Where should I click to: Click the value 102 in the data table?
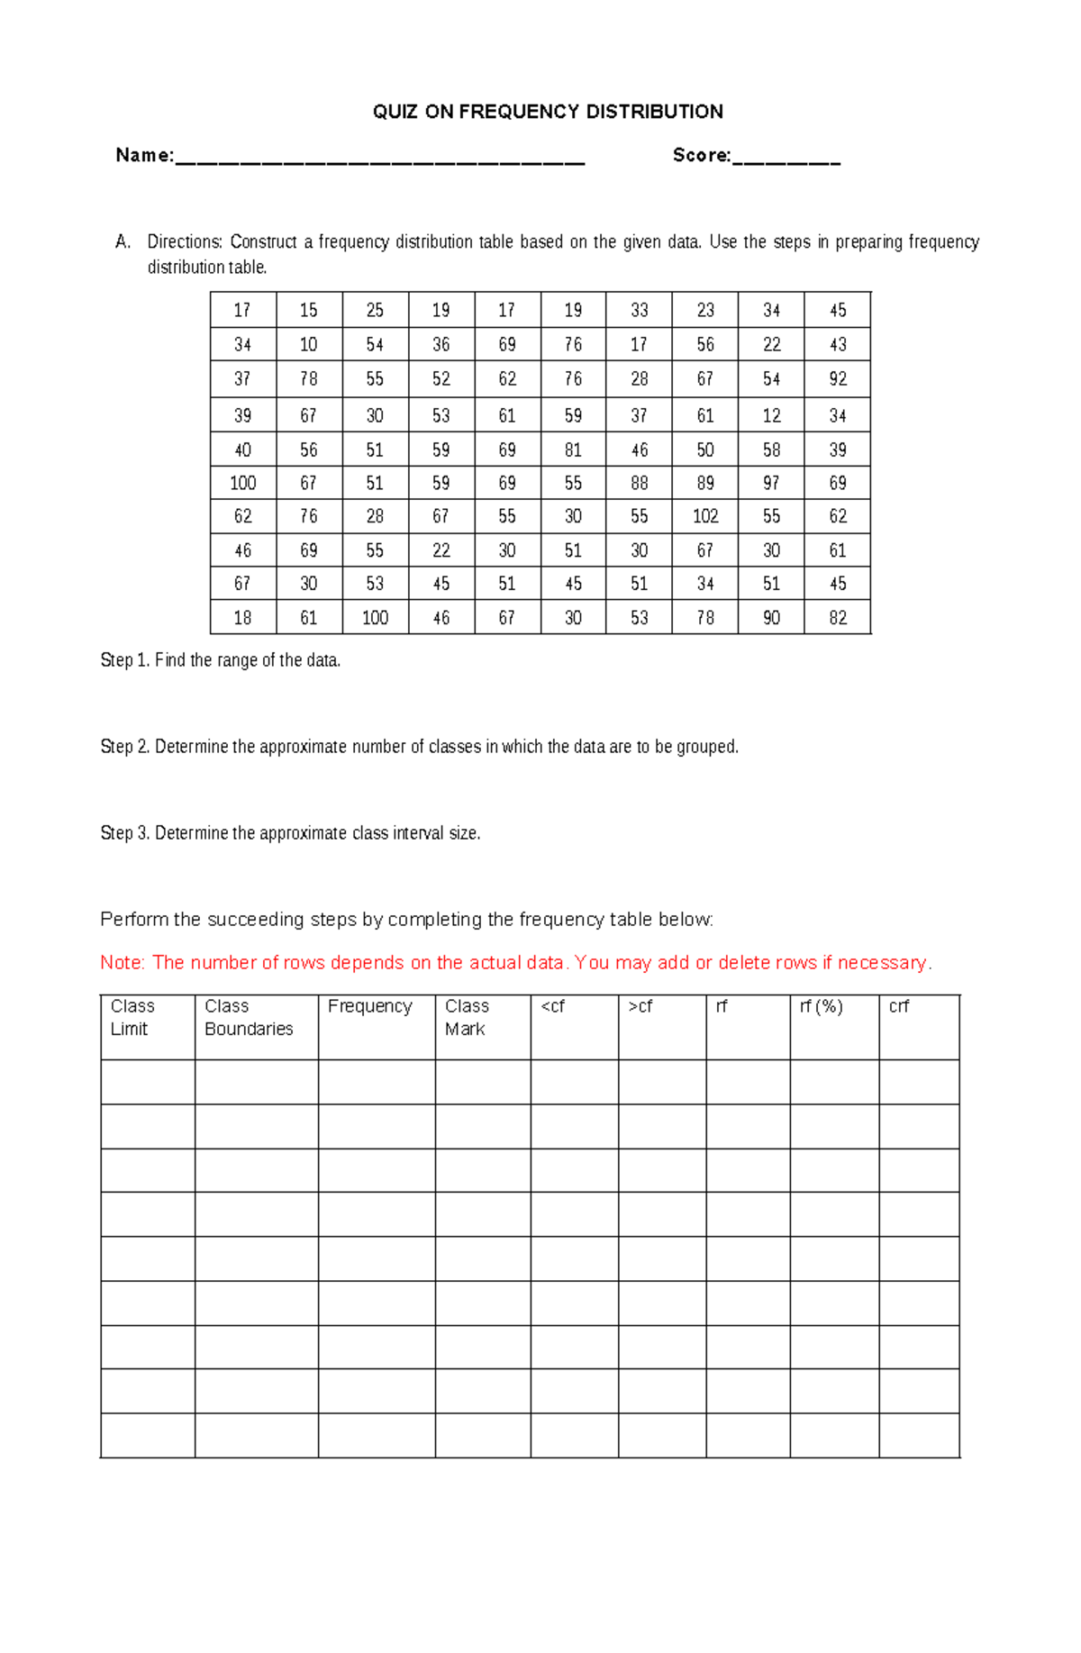(704, 516)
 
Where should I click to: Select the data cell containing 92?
(838, 378)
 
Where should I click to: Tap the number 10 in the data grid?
(308, 344)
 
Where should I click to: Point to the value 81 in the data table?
(573, 450)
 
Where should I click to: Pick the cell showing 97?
(771, 483)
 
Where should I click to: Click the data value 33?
(639, 310)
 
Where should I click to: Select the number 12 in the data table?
(771, 415)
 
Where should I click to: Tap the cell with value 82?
(838, 618)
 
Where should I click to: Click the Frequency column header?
(369, 1006)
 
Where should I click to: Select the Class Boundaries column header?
(248, 1017)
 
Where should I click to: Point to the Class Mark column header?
(466, 1017)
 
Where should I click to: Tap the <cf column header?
(552, 1006)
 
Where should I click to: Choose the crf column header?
(898, 1006)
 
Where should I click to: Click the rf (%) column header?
(821, 1006)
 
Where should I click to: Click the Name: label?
(144, 155)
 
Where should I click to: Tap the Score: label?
(701, 155)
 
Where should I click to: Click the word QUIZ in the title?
(395, 112)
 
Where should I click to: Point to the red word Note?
(123, 962)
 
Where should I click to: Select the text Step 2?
(125, 747)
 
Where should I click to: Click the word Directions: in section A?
(185, 241)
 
